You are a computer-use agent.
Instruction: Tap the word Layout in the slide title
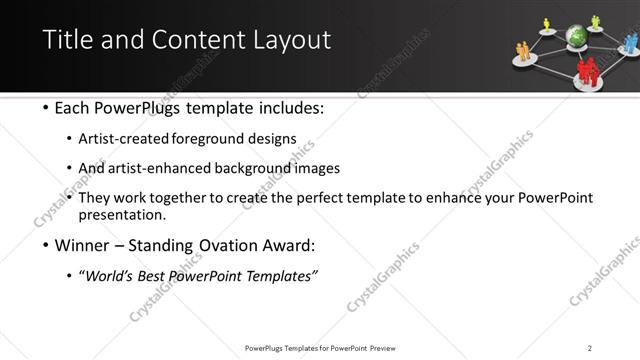click(290, 40)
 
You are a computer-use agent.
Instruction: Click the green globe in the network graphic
click(576, 38)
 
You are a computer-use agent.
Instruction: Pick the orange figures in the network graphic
click(522, 49)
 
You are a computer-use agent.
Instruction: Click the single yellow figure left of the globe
click(547, 23)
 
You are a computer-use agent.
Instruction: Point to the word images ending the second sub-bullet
click(320, 168)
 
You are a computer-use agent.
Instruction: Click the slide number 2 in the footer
click(589, 347)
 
